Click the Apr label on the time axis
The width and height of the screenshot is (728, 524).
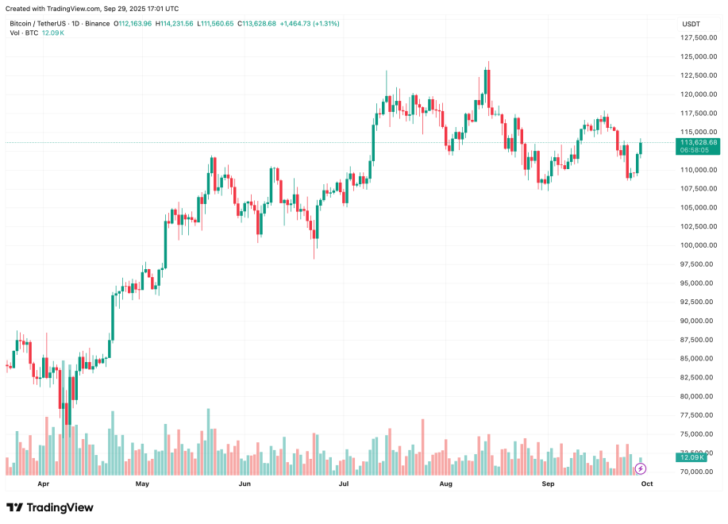point(43,483)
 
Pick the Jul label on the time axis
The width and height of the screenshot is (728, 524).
point(344,483)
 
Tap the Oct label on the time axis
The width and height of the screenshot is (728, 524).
point(646,483)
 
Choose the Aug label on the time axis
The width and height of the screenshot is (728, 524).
point(446,483)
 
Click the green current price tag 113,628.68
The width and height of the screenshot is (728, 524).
point(698,143)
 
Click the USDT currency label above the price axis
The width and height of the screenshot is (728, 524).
point(691,24)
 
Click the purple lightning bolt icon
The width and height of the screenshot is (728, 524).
point(641,468)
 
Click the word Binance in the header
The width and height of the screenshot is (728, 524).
point(98,24)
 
